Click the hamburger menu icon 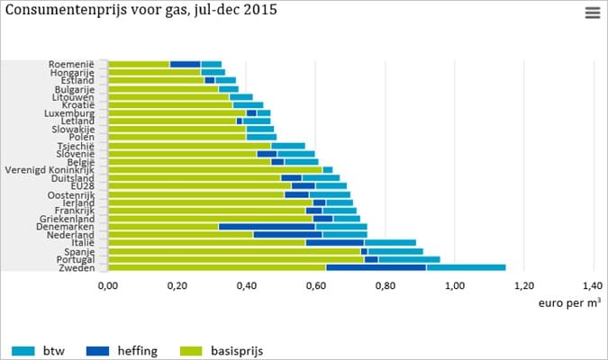pyautogui.click(x=591, y=13)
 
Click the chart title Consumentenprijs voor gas pyautogui.click(x=140, y=11)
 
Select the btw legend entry pyautogui.click(x=42, y=350)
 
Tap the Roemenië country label pyautogui.click(x=78, y=65)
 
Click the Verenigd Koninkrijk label pyautogui.click(x=56, y=170)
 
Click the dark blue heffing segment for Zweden pyautogui.click(x=376, y=267)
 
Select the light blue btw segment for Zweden pyautogui.click(x=466, y=267)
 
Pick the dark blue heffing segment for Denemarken pyautogui.click(x=267, y=227)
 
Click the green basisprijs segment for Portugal pyautogui.click(x=235, y=259)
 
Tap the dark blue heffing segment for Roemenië pyautogui.click(x=185, y=65)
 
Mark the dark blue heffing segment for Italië pyautogui.click(x=334, y=243)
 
